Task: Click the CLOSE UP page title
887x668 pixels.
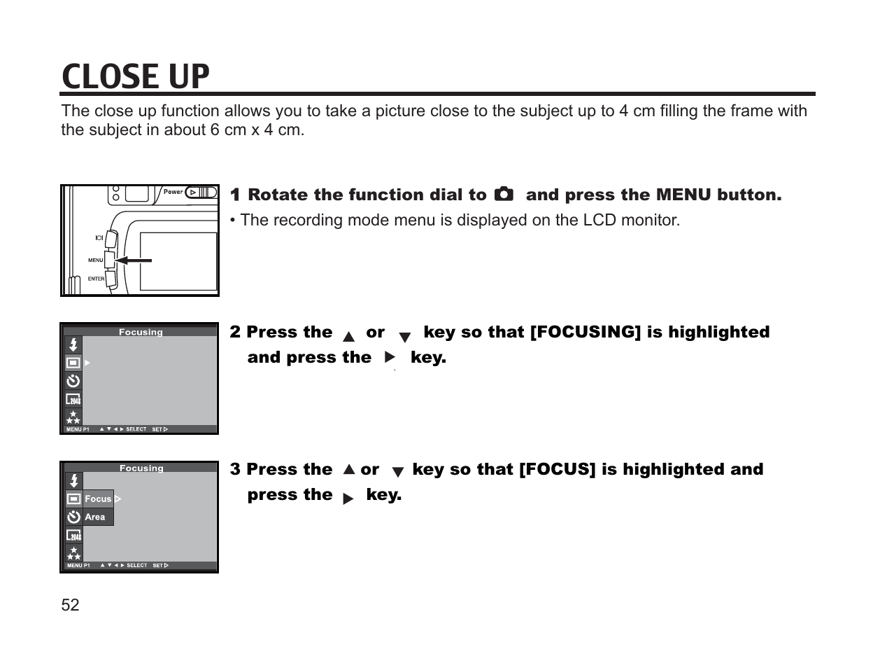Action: click(x=136, y=76)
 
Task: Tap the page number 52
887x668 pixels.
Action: click(x=70, y=605)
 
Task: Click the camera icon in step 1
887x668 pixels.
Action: click(x=504, y=194)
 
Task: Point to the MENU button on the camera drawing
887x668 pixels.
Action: click(x=109, y=260)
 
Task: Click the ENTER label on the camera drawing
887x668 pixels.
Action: click(x=96, y=279)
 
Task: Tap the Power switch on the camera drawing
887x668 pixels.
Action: click(x=201, y=192)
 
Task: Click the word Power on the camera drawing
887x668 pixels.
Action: click(x=173, y=192)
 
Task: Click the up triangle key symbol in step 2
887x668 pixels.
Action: click(x=348, y=336)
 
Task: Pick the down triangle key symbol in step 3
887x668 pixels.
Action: click(x=397, y=473)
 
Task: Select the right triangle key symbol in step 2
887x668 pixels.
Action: click(x=390, y=358)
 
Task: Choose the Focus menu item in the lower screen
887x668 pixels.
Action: click(x=98, y=499)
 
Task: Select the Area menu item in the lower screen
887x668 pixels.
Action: click(x=95, y=517)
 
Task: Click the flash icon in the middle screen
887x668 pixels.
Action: click(x=73, y=345)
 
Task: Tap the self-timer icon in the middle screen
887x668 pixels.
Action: click(x=73, y=381)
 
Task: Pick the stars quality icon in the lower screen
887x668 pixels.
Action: click(x=73, y=554)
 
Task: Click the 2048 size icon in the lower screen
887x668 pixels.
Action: click(x=73, y=536)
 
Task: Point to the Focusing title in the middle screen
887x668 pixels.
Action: click(x=141, y=332)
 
